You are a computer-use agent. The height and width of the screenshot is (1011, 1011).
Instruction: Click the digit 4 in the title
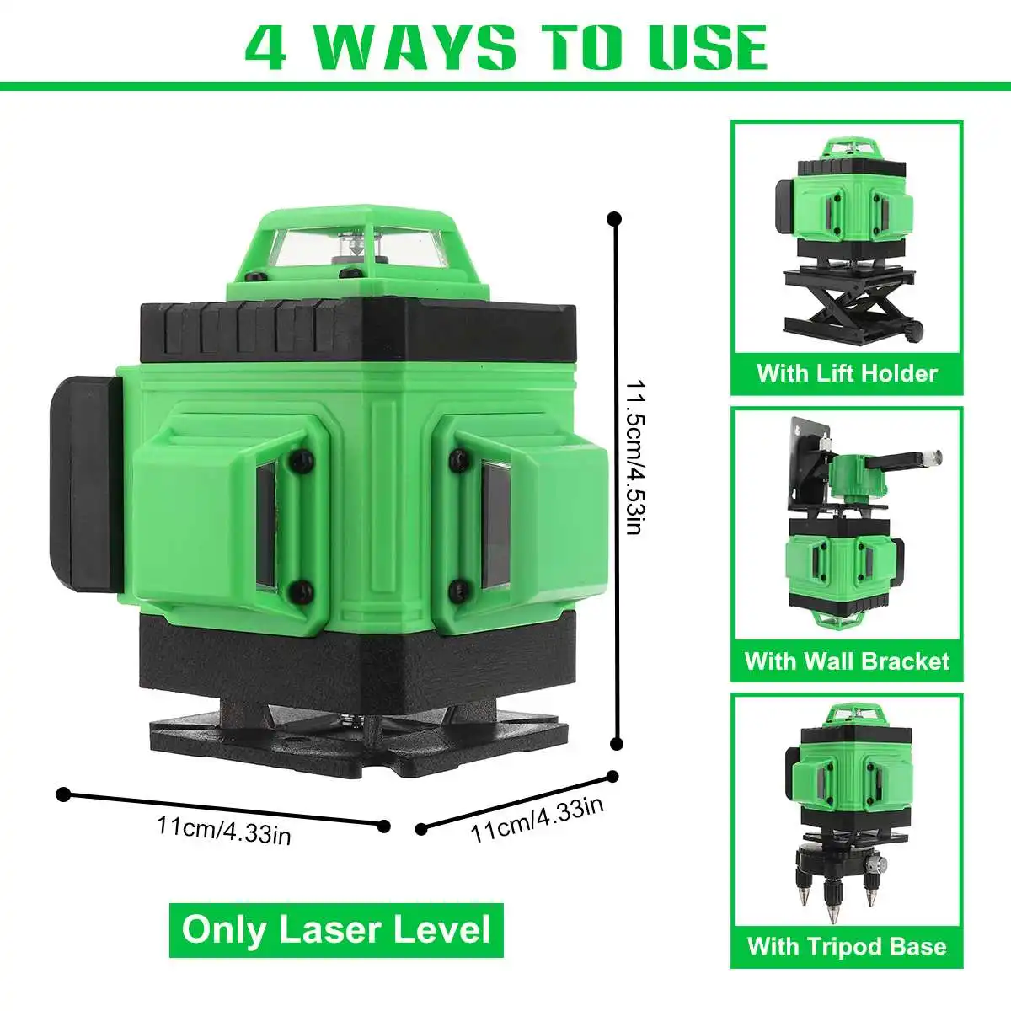pos(266,46)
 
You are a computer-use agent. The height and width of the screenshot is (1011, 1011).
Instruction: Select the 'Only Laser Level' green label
pos(336,929)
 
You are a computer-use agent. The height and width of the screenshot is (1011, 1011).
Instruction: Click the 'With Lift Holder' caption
pos(847,373)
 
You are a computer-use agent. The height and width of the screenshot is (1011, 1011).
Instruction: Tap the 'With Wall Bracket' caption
pos(847,661)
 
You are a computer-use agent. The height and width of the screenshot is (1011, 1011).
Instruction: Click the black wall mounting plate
pos(809,464)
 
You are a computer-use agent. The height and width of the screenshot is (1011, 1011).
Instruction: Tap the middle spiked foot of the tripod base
pos(832,897)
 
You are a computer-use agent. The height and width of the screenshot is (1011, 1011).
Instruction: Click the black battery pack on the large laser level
pos(87,484)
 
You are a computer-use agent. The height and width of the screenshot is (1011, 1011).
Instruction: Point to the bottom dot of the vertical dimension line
pos(618,743)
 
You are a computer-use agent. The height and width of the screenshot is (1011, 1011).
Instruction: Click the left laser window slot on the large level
pos(266,525)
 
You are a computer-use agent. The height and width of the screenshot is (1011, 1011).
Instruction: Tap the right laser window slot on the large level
pos(495,524)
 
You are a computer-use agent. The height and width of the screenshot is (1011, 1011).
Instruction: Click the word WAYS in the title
pos(417,46)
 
